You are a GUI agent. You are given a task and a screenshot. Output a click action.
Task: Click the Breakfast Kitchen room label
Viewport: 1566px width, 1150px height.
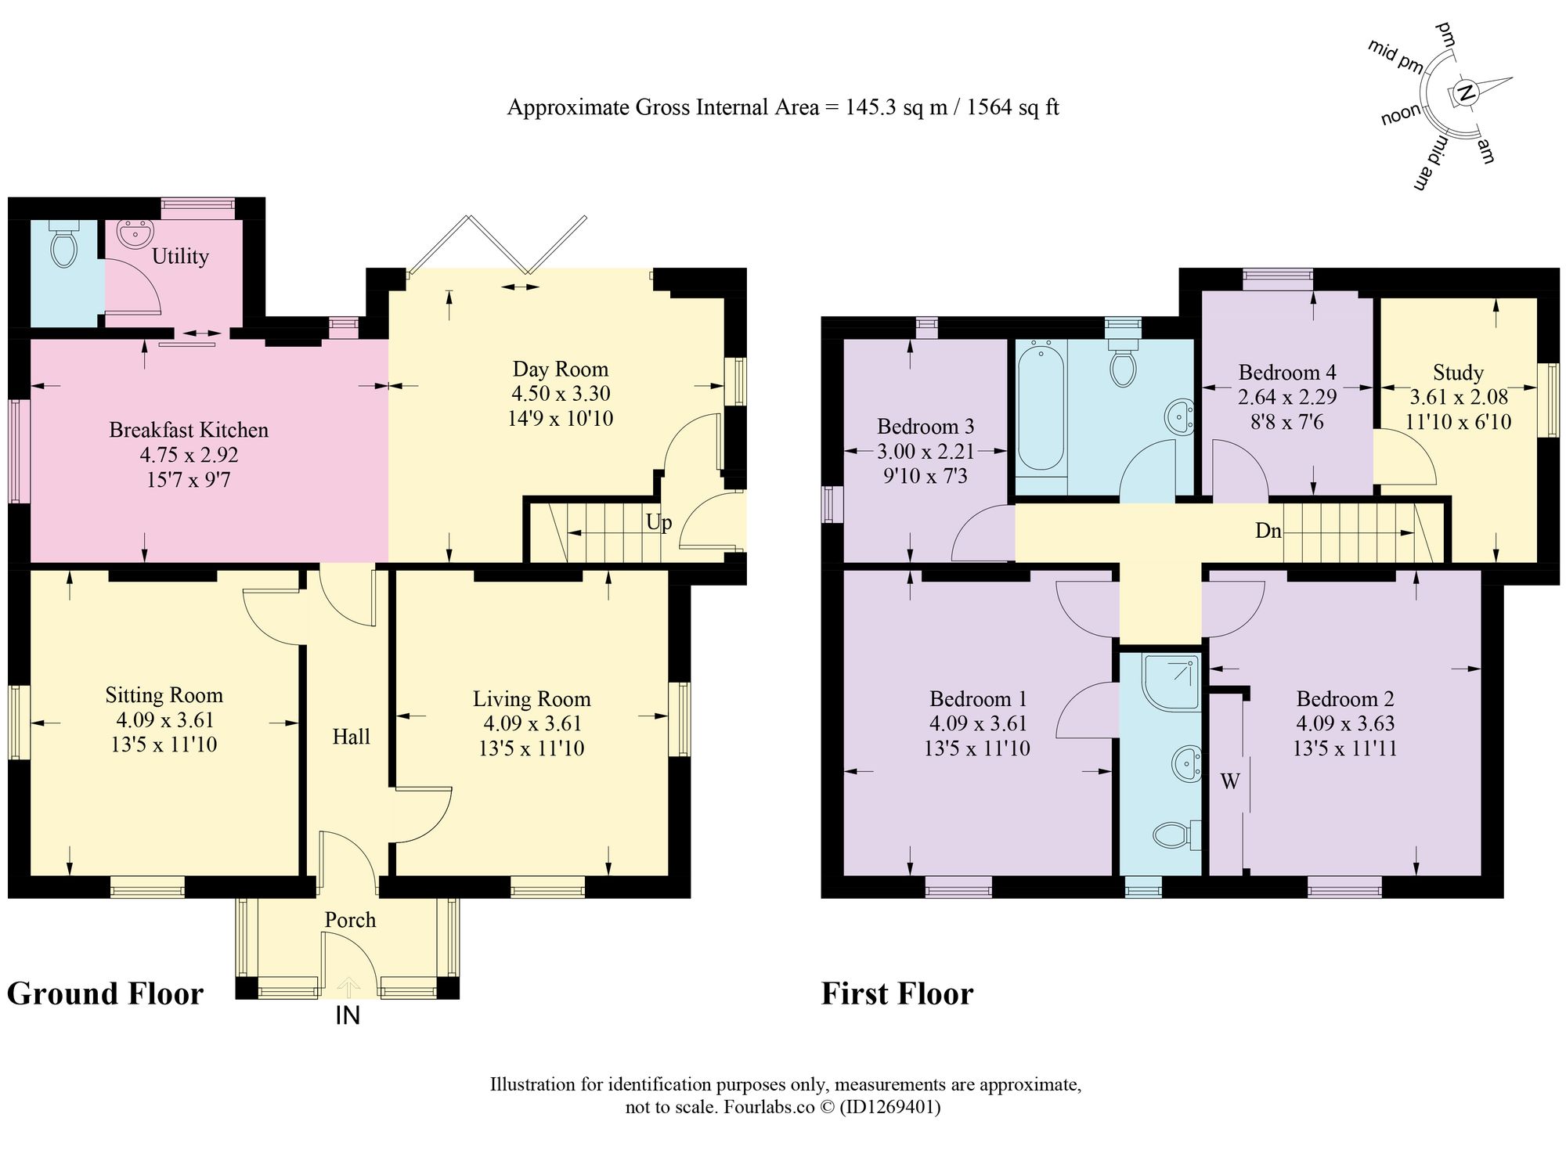(189, 430)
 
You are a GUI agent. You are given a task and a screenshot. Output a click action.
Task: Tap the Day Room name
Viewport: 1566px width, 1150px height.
(560, 370)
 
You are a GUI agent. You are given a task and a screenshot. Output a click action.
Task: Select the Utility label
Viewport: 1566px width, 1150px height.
(180, 257)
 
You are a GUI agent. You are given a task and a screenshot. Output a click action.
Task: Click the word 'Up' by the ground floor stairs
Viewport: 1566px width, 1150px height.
(659, 522)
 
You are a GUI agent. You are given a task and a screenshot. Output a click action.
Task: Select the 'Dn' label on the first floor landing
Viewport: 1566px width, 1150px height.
(1268, 531)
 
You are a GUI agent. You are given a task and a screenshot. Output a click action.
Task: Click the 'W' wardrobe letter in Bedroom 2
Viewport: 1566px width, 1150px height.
(1230, 780)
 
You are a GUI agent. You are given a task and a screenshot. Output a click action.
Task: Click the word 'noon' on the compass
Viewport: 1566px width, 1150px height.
(1401, 115)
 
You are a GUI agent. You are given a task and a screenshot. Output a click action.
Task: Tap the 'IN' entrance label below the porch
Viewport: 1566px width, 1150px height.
(348, 1016)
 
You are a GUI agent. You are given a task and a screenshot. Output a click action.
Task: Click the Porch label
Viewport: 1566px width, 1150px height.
(350, 921)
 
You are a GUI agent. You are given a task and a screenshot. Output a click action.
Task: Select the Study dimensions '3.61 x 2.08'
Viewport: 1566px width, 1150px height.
(1458, 397)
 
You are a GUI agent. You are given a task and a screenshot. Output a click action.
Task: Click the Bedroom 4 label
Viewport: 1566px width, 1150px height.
(1287, 373)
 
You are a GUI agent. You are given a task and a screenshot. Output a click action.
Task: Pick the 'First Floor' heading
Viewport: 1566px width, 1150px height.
(897, 994)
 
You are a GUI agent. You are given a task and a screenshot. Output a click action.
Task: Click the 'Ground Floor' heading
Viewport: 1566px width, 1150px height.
(105, 994)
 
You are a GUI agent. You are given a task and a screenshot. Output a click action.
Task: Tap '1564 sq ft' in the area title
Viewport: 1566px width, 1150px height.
(1013, 107)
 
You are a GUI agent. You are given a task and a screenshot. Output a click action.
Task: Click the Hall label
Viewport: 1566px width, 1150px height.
(351, 737)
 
